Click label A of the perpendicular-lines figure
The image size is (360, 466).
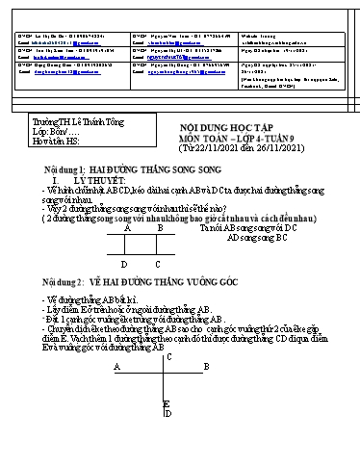pos(116,367)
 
